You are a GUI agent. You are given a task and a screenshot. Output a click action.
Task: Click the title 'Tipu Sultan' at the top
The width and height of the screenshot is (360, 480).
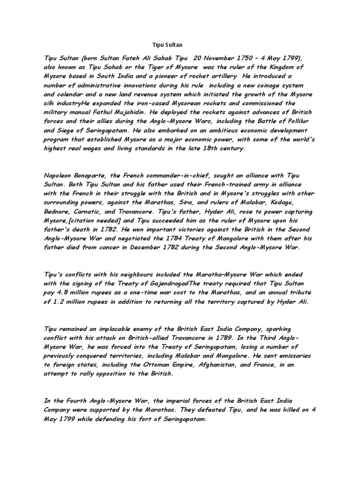pyautogui.click(x=167, y=45)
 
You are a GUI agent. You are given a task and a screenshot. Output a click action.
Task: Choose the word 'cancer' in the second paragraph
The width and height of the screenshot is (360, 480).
pyautogui.click(x=102, y=247)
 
